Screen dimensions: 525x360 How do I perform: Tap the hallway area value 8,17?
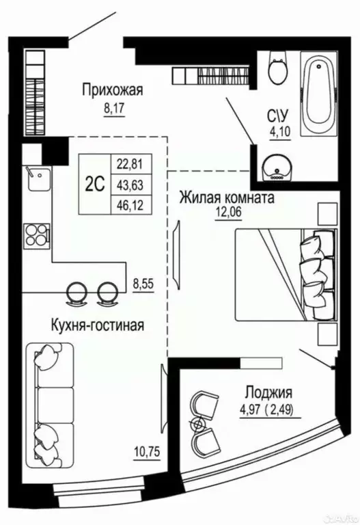click(x=114, y=108)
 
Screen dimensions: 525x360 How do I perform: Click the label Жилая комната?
click(x=227, y=199)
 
